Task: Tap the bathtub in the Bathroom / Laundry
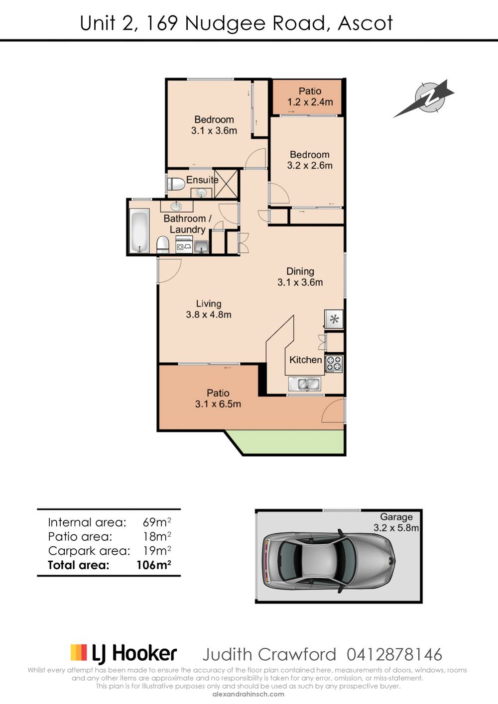point(139,231)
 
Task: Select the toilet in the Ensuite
point(175,184)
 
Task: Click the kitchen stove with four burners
point(334,364)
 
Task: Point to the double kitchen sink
point(305,384)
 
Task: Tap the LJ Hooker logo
point(124,653)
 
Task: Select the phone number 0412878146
point(394,654)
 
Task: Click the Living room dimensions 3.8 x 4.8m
point(208,314)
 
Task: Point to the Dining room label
point(300,271)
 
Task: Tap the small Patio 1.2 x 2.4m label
point(310,97)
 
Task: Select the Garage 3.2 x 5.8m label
point(396,522)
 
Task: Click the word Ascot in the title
point(365,23)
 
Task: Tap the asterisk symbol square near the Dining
point(334,319)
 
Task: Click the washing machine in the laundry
point(184,246)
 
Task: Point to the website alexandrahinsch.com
point(248,694)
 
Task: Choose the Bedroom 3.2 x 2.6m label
point(309,160)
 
